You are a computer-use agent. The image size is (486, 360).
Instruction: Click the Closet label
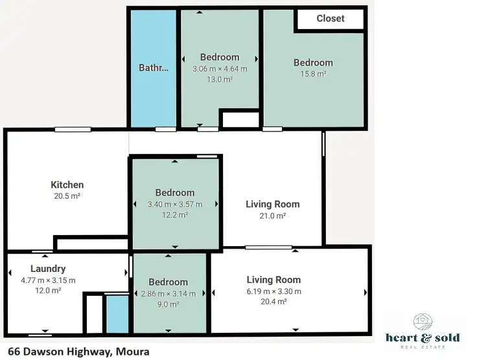pyautogui.click(x=330, y=19)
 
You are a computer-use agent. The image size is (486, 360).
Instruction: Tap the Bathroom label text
pyautogui.click(x=154, y=67)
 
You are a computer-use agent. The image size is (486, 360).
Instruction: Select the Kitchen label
pyautogui.click(x=67, y=185)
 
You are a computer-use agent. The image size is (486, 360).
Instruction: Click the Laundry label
pyautogui.click(x=48, y=269)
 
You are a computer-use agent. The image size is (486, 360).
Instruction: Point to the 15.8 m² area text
pyautogui.click(x=313, y=74)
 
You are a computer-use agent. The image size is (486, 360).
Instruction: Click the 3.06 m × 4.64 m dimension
pyautogui.click(x=220, y=68)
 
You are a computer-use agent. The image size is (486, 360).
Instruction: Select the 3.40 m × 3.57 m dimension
pyautogui.click(x=175, y=204)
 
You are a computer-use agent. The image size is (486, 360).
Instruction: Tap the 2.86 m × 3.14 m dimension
pyautogui.click(x=168, y=293)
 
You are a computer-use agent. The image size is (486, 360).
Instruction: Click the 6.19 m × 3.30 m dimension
pyautogui.click(x=273, y=291)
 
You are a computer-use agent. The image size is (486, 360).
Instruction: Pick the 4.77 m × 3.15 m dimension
pyautogui.click(x=48, y=280)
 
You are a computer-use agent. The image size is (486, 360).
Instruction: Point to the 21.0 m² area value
pyautogui.click(x=272, y=216)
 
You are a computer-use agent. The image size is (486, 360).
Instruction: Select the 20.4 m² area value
pyautogui.click(x=273, y=302)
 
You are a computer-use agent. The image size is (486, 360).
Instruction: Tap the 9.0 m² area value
pyautogui.click(x=168, y=304)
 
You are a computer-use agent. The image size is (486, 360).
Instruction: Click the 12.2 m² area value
pyautogui.click(x=175, y=214)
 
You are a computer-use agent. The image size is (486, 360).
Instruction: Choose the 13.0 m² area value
pyautogui.click(x=220, y=79)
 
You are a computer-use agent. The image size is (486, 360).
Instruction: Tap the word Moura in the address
pyautogui.click(x=133, y=352)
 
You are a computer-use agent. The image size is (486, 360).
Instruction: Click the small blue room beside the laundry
pyautogui.click(x=117, y=314)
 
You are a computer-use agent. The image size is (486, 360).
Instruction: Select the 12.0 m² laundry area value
pyautogui.click(x=48, y=291)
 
